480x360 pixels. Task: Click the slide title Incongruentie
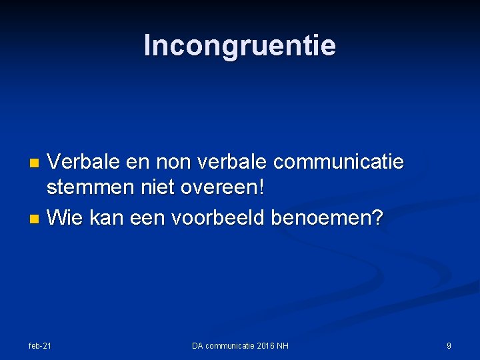pyautogui.click(x=240, y=46)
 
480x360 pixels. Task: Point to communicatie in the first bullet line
pyautogui.click(x=339, y=162)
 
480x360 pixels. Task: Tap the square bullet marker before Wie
pyautogui.click(x=37, y=218)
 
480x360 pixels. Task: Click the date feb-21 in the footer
pyautogui.click(x=40, y=345)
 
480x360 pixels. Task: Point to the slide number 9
pyautogui.click(x=449, y=345)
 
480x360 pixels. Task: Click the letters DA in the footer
pyautogui.click(x=197, y=345)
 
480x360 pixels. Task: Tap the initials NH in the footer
pyautogui.click(x=283, y=345)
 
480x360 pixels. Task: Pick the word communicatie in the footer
pyautogui.click(x=229, y=345)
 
